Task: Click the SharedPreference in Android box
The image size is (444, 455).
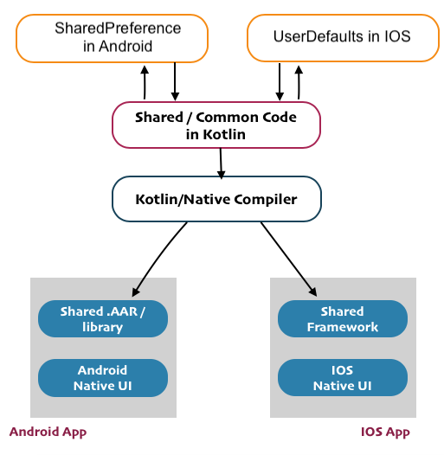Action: (x=113, y=38)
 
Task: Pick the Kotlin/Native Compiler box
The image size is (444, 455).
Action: (x=216, y=200)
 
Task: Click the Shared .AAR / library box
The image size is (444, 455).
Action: (x=103, y=319)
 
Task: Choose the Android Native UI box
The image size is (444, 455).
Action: (x=103, y=378)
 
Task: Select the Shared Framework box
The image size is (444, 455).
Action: (x=342, y=319)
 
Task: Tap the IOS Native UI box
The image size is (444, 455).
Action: (x=342, y=378)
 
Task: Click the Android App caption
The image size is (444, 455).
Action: (x=48, y=432)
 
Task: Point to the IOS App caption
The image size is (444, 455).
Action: (x=385, y=432)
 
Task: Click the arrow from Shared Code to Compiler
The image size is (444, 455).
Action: (x=222, y=163)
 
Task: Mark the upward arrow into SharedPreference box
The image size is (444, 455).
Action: (x=144, y=81)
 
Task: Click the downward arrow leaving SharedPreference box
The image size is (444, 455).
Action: (x=175, y=81)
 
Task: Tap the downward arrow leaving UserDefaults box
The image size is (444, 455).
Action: (x=279, y=81)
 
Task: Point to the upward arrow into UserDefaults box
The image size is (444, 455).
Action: (x=299, y=81)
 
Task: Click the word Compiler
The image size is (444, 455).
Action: (x=265, y=200)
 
